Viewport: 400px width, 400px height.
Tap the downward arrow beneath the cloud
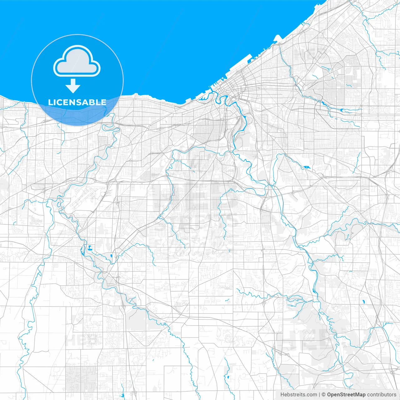pyautogui.click(x=73, y=86)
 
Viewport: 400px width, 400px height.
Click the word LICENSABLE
pyautogui.click(x=77, y=102)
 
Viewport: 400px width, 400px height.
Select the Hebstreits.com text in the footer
pyautogui.click(x=298, y=395)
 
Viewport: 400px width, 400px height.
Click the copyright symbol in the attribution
pyautogui.click(x=324, y=395)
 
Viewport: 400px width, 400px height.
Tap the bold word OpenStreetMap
pyautogui.click(x=346, y=395)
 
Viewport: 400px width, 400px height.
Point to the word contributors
pyautogui.click(x=382, y=395)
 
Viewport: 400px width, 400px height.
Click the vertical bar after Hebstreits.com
pyautogui.click(x=319, y=395)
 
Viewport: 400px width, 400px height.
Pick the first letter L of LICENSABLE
pyautogui.click(x=50, y=102)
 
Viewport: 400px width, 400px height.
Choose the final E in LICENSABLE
pyautogui.click(x=103, y=102)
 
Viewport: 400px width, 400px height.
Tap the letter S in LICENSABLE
pyautogui.click(x=78, y=102)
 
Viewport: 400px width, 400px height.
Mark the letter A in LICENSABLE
pyautogui.click(x=85, y=102)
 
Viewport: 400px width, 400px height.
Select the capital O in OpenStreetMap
pyautogui.click(x=329, y=395)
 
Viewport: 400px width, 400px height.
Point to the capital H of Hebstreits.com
pyautogui.click(x=282, y=395)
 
